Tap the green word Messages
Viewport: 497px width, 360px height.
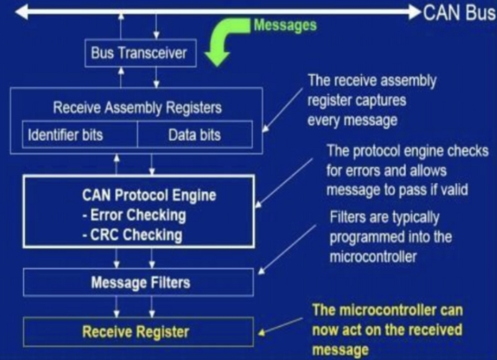[x=285, y=25]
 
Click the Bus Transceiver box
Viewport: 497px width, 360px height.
[x=139, y=53]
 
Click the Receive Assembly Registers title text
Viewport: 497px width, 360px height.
[x=137, y=107]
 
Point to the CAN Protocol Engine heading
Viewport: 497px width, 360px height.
[x=149, y=195]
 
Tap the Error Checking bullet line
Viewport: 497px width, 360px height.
[x=134, y=215]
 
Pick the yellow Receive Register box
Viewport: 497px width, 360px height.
[x=138, y=331]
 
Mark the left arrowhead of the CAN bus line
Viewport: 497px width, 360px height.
[x=22, y=12]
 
